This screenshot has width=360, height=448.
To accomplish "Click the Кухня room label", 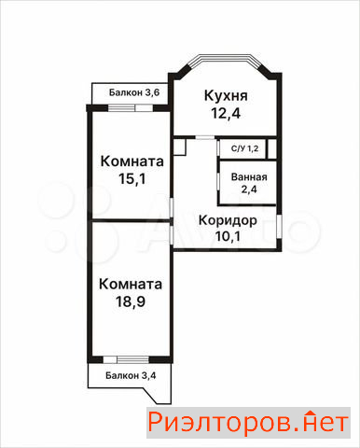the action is click(226, 96).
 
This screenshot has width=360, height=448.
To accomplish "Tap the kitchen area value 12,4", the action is click(226, 113).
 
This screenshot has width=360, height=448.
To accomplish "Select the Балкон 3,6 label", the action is click(134, 92).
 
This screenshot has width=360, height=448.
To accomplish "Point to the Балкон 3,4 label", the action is click(131, 375).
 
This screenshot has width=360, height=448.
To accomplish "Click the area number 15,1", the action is click(132, 179).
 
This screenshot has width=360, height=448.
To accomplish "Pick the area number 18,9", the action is click(131, 301).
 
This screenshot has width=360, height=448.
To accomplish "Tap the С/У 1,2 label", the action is click(244, 148).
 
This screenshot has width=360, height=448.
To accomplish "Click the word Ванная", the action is click(249, 177).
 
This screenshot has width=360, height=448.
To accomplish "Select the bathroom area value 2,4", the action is click(249, 189).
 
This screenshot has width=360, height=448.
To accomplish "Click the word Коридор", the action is click(228, 220).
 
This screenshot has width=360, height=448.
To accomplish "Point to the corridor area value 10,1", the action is click(228, 236).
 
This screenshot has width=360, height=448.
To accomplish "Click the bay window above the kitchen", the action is click(226, 60).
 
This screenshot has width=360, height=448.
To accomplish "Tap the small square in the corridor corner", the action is click(180, 147).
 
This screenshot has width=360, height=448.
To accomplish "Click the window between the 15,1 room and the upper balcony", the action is click(131, 108).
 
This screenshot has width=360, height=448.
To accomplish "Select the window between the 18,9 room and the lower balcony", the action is click(126, 359).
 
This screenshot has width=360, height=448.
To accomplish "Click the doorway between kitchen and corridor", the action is click(205, 137).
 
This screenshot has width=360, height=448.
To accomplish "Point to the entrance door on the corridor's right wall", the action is click(279, 227).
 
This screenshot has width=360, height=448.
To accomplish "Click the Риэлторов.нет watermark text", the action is click(248, 423).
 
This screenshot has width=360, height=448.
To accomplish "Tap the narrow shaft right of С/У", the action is click(272, 148).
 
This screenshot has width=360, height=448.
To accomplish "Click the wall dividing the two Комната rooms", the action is click(131, 220).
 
